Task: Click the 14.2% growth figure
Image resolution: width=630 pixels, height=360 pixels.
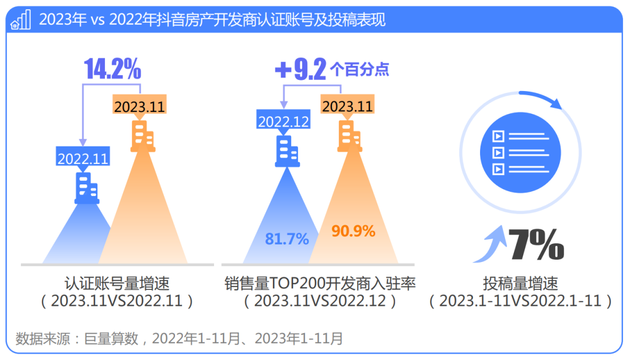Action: pos(113,69)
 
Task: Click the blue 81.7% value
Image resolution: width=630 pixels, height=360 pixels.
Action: pos(287,239)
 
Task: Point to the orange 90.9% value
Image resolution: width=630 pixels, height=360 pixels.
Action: pos(353,231)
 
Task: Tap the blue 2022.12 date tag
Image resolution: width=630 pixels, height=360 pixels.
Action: pos(284,121)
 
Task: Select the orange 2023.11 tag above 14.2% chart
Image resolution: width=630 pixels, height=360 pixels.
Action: pos(139,106)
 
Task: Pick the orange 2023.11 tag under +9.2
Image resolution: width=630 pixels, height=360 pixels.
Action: pos(347,106)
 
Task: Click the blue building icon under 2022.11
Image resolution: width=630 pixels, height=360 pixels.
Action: pos(87,188)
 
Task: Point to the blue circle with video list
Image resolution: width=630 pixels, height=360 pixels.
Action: pos(520,152)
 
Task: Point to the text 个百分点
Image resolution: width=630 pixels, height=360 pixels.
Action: pos(359,70)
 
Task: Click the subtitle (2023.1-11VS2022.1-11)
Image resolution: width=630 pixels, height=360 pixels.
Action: pos(520,301)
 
